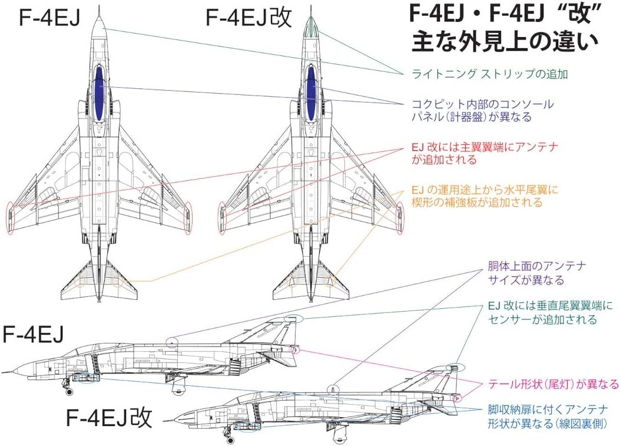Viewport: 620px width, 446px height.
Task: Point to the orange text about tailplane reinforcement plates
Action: (x=484, y=196)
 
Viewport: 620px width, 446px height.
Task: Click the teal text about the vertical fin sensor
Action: (x=551, y=313)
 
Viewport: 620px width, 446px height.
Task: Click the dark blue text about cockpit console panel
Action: (x=482, y=110)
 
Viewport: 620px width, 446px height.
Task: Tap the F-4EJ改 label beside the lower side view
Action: (x=109, y=417)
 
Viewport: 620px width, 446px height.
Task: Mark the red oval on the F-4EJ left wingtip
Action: (x=9, y=217)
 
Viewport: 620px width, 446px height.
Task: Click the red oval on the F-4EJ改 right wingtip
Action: (x=400, y=217)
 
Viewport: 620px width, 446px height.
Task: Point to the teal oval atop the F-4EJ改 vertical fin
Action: (x=455, y=368)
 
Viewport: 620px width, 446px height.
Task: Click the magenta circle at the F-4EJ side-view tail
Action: (x=296, y=351)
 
